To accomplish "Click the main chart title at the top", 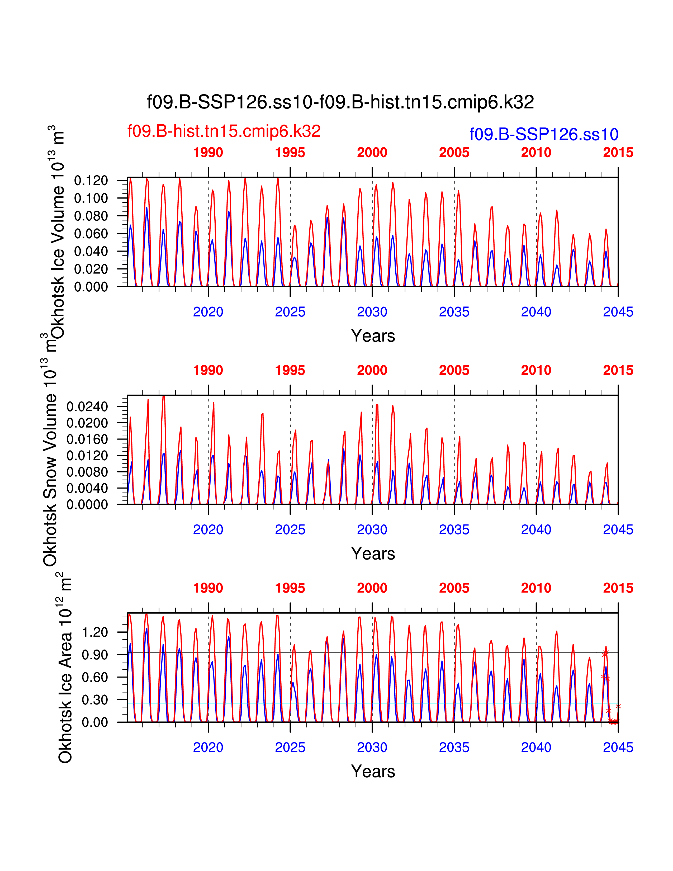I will tap(340, 102).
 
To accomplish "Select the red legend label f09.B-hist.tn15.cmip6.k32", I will tap(224, 131).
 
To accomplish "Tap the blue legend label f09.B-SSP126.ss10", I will tap(544, 134).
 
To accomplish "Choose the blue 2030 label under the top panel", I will tap(372, 312).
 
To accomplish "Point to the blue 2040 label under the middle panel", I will tap(536, 530).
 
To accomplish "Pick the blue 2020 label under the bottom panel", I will tap(208, 747).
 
